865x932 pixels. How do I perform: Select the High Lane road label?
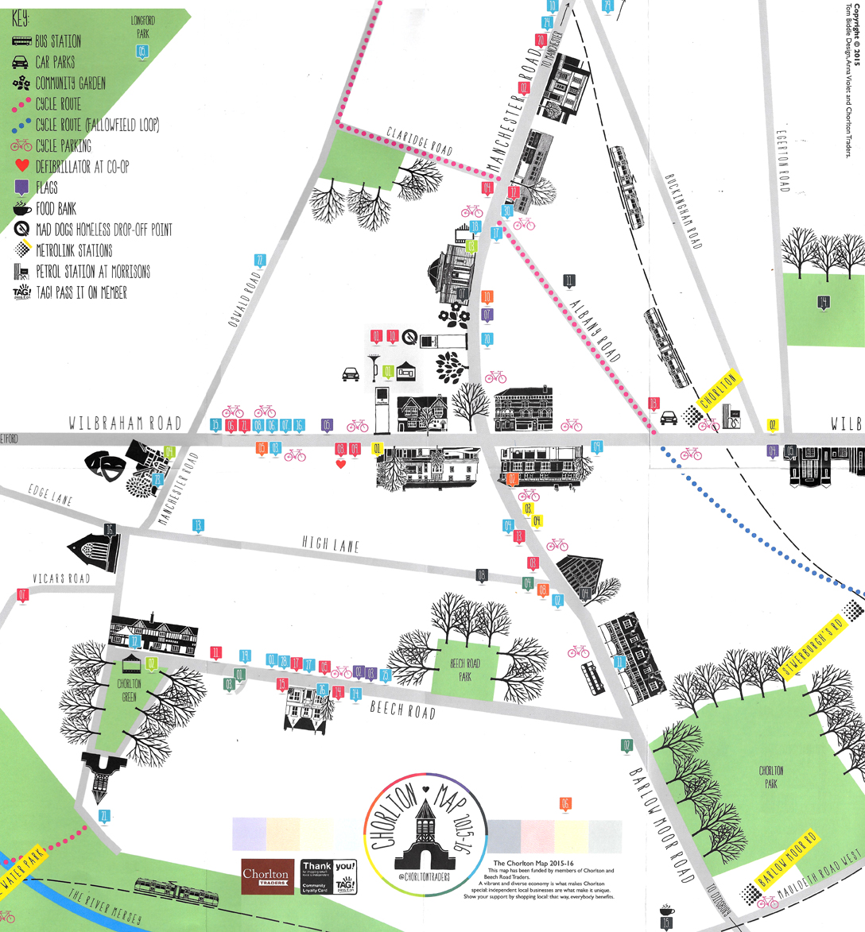(x=330, y=544)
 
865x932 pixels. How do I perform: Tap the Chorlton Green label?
(x=129, y=689)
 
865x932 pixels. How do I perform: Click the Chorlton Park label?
(x=770, y=776)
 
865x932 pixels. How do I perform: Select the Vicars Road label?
(x=60, y=578)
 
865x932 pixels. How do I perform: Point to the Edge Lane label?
(x=49, y=497)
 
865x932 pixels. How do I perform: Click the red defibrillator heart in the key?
(x=21, y=167)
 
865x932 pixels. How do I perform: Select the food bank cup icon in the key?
(x=21, y=209)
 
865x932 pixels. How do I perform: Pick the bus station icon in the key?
(x=21, y=41)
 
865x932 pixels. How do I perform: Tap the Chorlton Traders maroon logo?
(x=266, y=876)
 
